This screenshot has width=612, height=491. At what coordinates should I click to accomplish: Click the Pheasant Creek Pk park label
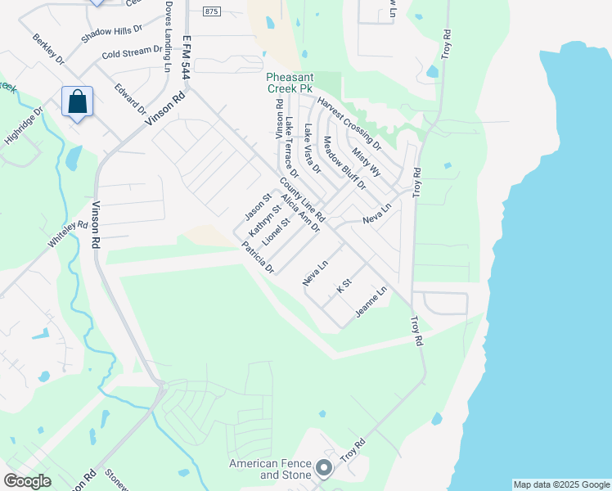290,81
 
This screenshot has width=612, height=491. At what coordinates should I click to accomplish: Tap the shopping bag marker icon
77,102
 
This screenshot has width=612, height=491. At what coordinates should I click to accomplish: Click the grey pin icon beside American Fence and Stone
324,469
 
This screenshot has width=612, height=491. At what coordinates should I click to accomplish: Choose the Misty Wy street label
367,161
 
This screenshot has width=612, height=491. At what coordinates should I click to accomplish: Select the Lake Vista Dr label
311,150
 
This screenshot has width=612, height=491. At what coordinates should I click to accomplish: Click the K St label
344,286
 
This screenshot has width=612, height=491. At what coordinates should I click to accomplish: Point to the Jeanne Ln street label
371,304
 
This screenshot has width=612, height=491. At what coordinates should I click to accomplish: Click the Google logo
27,480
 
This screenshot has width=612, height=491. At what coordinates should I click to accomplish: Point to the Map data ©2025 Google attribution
561,484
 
